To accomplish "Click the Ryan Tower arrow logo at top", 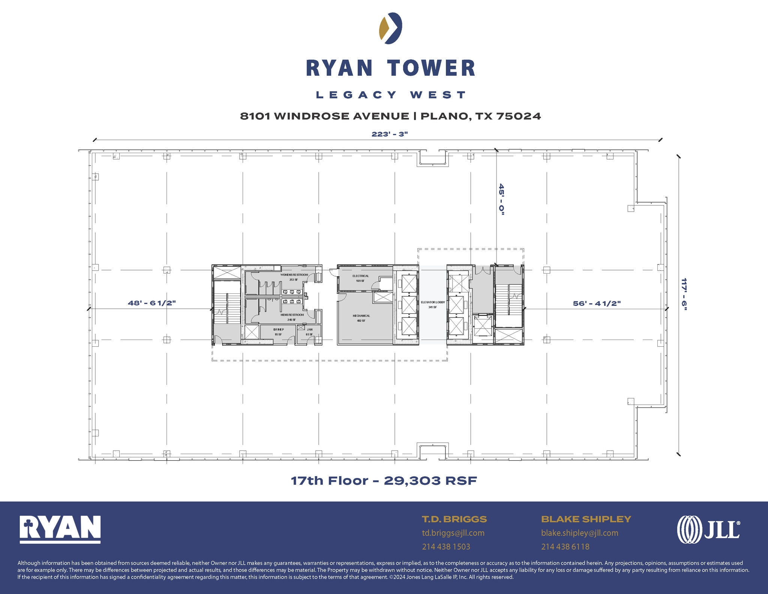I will tap(390, 28).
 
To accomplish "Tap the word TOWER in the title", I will tap(431, 68).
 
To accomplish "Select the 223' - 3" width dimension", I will tap(389, 134).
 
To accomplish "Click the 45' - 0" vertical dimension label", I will tap(501, 199).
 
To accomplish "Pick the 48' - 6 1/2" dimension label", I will tap(152, 303).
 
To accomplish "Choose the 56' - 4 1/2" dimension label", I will tap(597, 304).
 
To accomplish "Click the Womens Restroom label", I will tap(294, 275).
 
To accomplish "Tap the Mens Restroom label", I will tap(292, 315).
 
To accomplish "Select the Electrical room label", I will tap(360, 276).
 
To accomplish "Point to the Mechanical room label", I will tap(361, 316).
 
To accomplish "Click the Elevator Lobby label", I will tap(433, 302).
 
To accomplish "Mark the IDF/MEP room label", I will tap(278, 330).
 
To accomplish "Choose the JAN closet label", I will tap(309, 330).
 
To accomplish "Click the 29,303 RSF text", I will tap(430, 481).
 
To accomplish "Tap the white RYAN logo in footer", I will tap(60, 529).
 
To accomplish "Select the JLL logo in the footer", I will tap(708, 529).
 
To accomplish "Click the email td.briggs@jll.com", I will tap(453, 533).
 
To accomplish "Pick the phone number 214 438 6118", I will tap(565, 547).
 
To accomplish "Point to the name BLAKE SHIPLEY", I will tap(586, 519).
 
